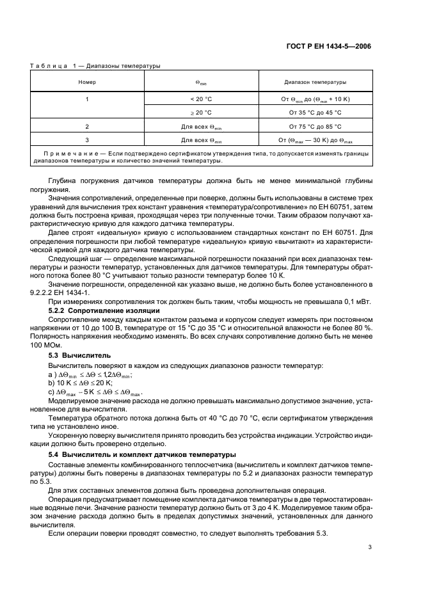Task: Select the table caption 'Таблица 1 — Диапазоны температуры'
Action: [x=95, y=65]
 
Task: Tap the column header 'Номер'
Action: [x=87, y=82]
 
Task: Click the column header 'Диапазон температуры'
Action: [x=314, y=82]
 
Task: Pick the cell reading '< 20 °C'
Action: [x=200, y=99]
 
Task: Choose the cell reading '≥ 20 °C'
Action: [x=200, y=112]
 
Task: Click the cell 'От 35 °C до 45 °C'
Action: [x=315, y=112]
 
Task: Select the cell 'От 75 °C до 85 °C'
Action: [x=315, y=127]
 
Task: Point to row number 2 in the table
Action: [x=87, y=127]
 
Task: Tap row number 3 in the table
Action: [x=87, y=140]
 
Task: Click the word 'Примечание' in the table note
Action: [x=72, y=154]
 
